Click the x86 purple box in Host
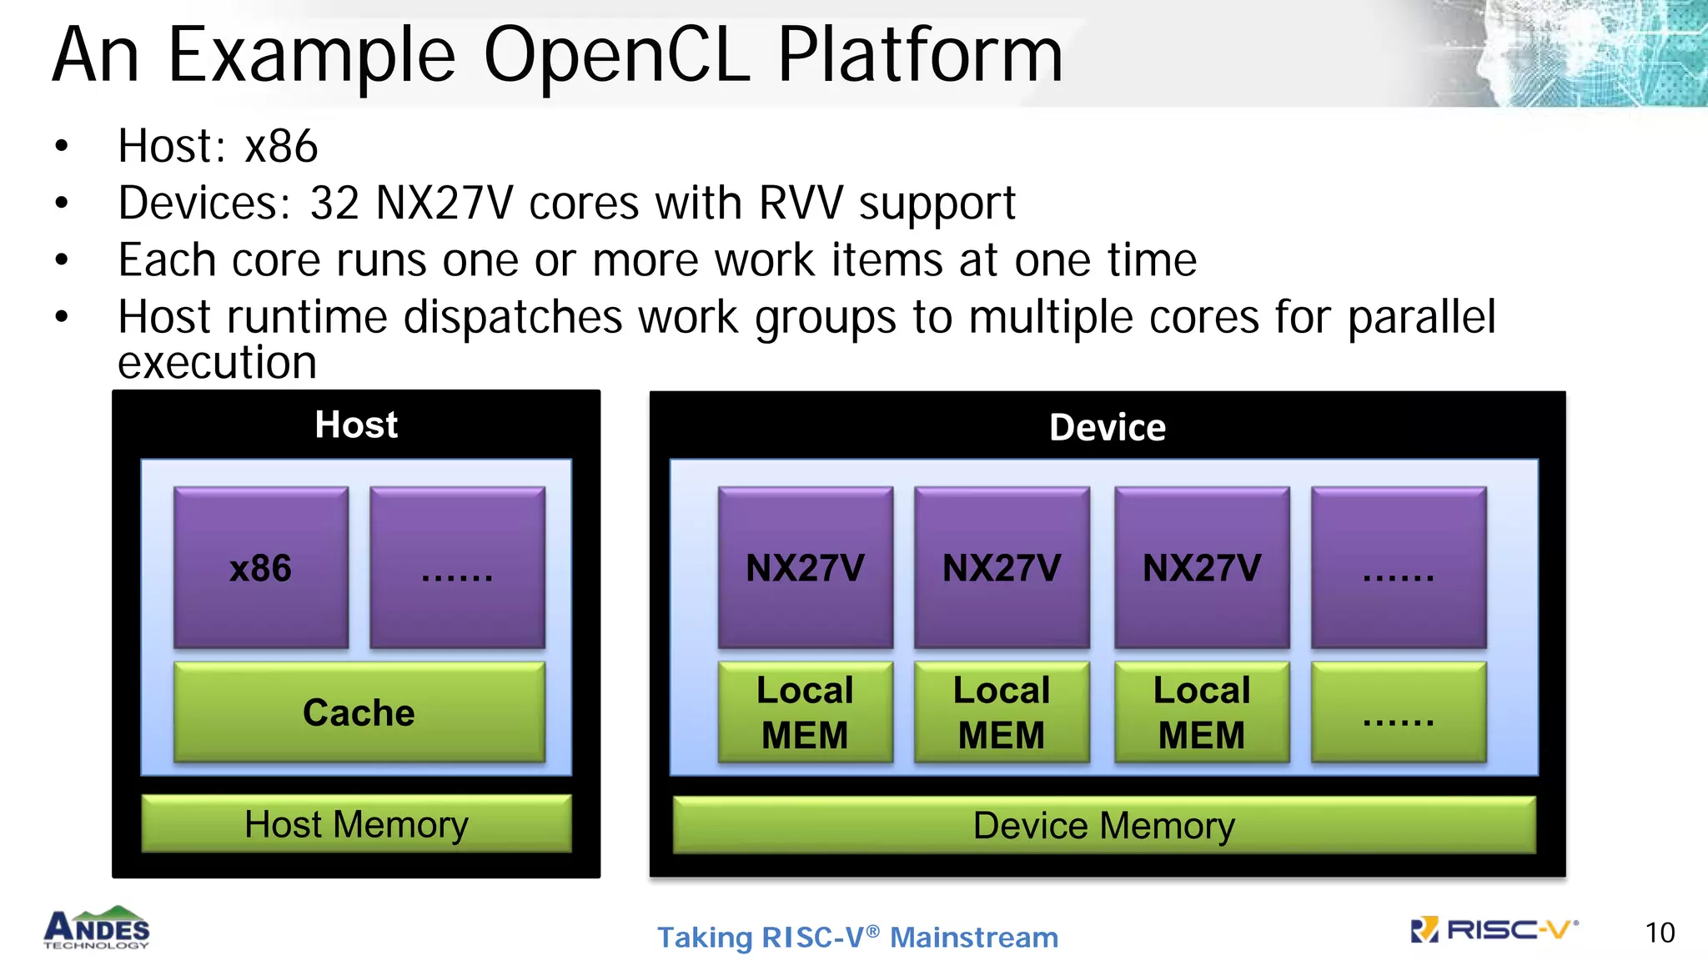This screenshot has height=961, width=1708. tap(260, 568)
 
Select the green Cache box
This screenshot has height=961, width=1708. tap(359, 712)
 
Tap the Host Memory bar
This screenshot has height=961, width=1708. tap(356, 824)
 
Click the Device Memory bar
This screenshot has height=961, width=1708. tap(1103, 826)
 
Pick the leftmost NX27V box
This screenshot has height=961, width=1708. tap(805, 568)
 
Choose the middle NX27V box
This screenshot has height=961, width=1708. tap(1002, 568)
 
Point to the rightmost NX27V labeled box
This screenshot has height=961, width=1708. tap(1202, 568)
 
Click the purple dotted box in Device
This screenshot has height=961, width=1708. tap(1399, 568)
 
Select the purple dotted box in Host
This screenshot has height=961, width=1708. tap(457, 568)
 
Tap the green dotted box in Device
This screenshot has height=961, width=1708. tap(1399, 712)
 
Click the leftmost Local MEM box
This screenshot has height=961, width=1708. tap(805, 712)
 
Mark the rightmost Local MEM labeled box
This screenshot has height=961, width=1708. tap(1202, 712)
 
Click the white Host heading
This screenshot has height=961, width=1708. tap(356, 425)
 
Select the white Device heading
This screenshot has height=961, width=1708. tap(1107, 427)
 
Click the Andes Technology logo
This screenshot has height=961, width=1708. tap(97, 928)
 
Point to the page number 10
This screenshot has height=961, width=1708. tap(1659, 933)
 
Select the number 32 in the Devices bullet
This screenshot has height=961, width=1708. tap(334, 203)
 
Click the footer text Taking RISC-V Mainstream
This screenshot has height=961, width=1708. tap(857, 937)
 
